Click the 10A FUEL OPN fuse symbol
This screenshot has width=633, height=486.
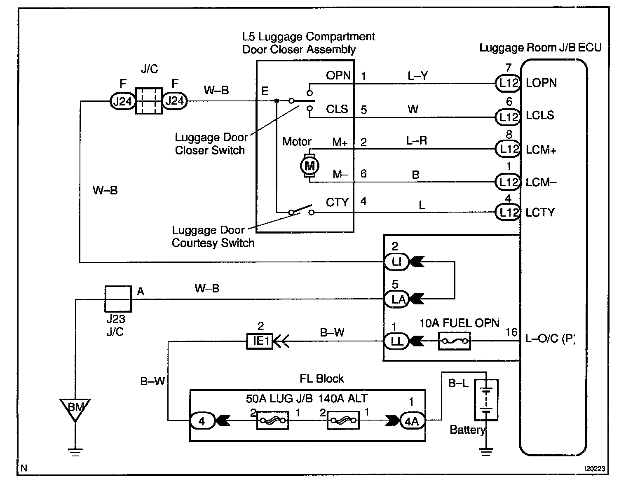click(454, 341)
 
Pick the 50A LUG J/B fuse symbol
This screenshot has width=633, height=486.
click(272, 421)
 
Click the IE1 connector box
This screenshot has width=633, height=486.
click(259, 341)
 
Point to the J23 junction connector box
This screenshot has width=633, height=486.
click(118, 299)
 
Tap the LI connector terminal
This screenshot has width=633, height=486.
click(396, 262)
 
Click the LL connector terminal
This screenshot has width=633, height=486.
click(396, 341)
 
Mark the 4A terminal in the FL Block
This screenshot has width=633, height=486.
click(412, 421)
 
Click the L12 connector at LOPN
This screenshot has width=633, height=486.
click(508, 83)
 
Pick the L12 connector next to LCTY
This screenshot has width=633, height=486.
click(508, 213)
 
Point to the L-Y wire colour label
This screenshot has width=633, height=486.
click(417, 75)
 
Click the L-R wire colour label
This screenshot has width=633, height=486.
click(416, 141)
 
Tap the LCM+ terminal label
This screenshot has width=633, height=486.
click(541, 150)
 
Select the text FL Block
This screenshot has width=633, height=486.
click(322, 379)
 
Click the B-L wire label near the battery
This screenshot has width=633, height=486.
click(458, 383)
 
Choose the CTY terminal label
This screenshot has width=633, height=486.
click(337, 203)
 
